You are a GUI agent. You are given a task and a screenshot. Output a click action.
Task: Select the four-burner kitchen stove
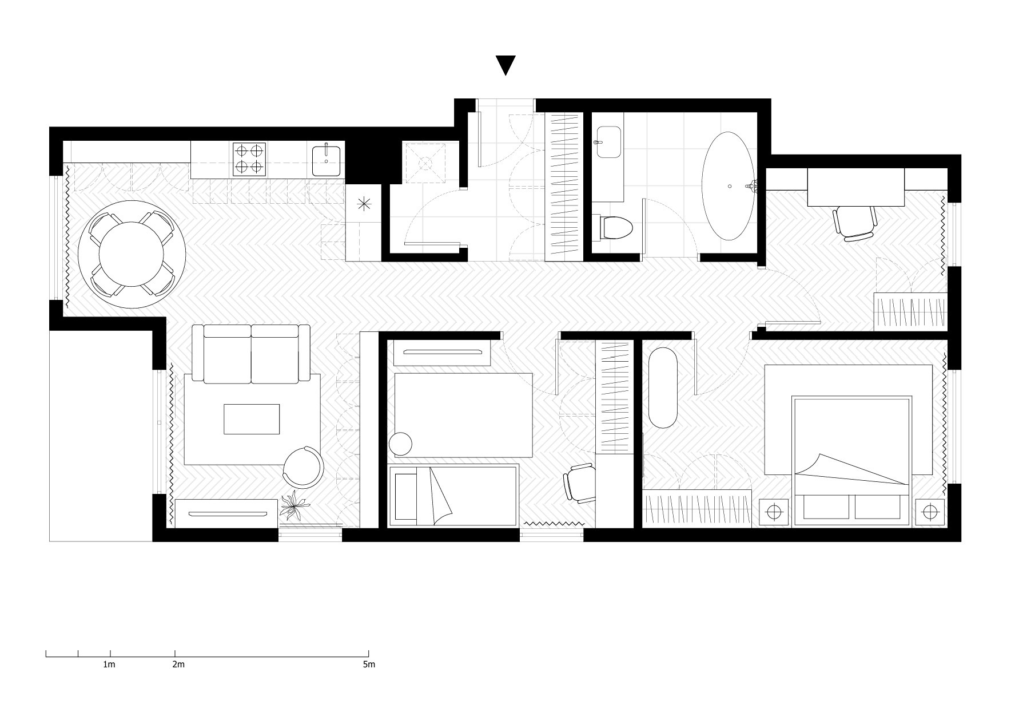(249, 159)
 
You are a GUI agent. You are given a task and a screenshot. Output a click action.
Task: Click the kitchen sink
(327, 161)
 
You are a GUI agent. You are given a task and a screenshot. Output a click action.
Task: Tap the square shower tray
(425, 163)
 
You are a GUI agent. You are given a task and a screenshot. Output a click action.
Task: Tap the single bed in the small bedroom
(453, 496)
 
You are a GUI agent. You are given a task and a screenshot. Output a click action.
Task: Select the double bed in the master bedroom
(850, 460)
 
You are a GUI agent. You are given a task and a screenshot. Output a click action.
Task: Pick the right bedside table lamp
(929, 511)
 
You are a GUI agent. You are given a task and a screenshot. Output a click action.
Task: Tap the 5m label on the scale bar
(369, 664)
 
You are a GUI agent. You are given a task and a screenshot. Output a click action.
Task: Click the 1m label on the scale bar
(109, 664)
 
